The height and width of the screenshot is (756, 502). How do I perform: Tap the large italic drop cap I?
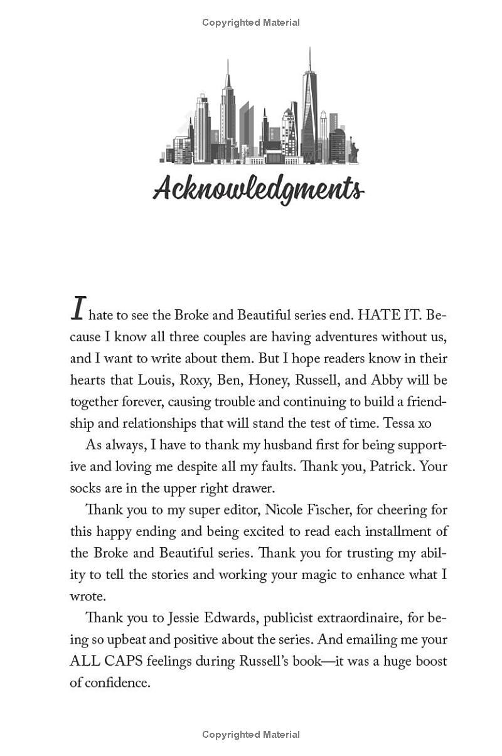point(78,309)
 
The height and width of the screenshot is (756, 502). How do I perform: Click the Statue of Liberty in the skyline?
point(353,151)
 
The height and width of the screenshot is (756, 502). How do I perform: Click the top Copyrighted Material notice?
point(251,23)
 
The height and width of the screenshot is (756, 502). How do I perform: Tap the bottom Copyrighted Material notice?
point(251,734)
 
